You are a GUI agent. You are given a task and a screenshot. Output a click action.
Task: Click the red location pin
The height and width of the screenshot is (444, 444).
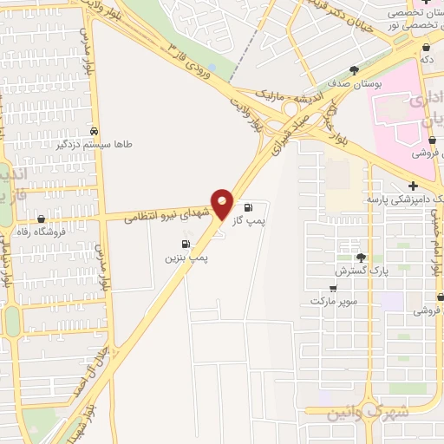223,202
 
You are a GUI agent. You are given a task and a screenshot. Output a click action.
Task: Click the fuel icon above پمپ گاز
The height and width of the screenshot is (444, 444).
249,207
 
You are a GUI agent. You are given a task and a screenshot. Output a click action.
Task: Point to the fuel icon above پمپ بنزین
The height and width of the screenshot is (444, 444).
185,244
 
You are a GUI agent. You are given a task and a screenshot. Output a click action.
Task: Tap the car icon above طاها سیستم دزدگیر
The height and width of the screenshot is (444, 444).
94,131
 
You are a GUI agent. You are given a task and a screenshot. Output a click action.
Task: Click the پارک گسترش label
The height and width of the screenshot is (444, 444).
356,271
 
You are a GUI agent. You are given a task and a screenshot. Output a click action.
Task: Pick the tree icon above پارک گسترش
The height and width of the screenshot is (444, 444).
361,257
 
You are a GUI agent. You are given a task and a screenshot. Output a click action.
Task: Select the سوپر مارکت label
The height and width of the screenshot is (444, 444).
326,300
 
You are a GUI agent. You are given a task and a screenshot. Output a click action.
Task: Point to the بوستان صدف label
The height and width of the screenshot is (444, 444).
351,84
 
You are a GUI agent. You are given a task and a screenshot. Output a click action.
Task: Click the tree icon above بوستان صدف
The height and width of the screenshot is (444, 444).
354,69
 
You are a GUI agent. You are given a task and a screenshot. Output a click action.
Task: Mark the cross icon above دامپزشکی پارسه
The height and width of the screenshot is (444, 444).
413,185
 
